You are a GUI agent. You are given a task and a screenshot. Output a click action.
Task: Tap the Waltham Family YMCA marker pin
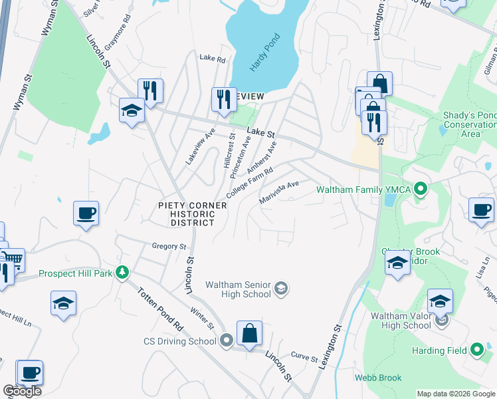click(x=420, y=190)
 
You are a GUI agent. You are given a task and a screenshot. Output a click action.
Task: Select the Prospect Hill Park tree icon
click(x=122, y=272)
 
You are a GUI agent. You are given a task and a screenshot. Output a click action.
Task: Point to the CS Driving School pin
click(x=227, y=341)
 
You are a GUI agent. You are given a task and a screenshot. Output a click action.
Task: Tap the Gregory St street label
click(x=169, y=246)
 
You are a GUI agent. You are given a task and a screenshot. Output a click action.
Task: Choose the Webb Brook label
click(x=378, y=378)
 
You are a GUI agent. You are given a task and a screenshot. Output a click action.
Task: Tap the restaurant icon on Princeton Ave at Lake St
click(x=223, y=99)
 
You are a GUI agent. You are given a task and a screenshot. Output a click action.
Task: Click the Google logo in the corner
click(x=22, y=391)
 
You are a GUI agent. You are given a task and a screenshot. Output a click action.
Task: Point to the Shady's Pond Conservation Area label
click(x=470, y=124)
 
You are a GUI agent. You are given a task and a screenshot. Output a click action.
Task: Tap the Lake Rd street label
click(x=213, y=59)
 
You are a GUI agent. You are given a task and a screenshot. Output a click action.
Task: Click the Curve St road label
click(x=305, y=357)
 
